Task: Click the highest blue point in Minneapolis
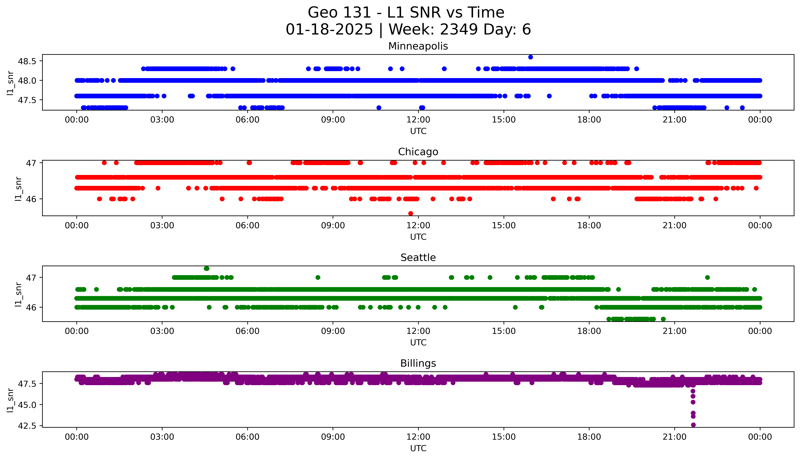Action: pyautogui.click(x=531, y=57)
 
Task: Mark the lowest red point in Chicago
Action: pyautogui.click(x=411, y=213)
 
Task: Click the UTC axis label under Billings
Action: pyautogui.click(x=418, y=448)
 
